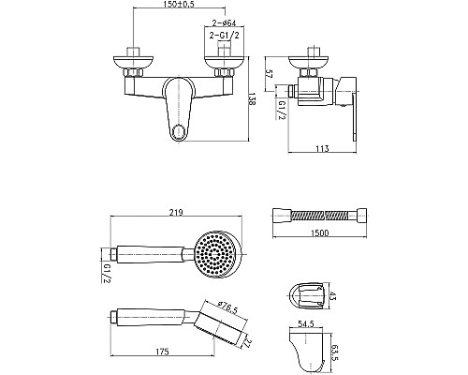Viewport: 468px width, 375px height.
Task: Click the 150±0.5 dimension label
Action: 179,4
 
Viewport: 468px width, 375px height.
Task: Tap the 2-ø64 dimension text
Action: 224,23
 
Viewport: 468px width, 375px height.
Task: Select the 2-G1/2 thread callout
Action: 224,36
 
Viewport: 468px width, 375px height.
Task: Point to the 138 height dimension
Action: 253,98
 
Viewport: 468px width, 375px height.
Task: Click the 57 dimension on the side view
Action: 270,74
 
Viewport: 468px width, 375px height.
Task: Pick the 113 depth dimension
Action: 322,148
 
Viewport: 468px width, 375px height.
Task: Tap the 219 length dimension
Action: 176,212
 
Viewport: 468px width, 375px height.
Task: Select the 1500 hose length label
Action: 320,232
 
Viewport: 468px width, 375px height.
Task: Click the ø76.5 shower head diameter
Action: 227,307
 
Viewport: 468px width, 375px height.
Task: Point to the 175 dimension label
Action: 162,352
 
